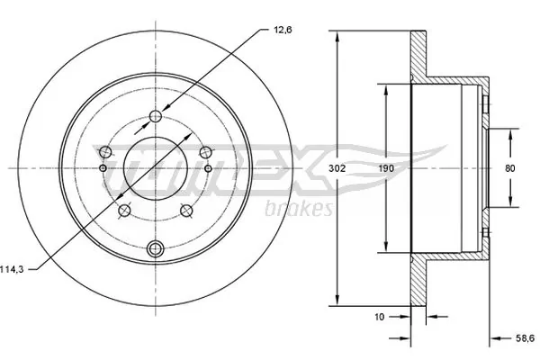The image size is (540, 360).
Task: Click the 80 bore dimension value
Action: (511, 168)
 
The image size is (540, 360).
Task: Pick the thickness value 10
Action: (381, 316)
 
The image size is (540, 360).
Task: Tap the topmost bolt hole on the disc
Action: (156, 116)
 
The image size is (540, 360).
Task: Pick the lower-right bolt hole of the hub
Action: (187, 211)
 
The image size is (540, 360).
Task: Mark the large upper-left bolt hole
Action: (106, 151)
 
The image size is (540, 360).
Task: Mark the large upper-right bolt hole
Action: (205, 151)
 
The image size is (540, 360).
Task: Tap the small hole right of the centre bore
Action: (208, 168)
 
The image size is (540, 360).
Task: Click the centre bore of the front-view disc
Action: (156, 168)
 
